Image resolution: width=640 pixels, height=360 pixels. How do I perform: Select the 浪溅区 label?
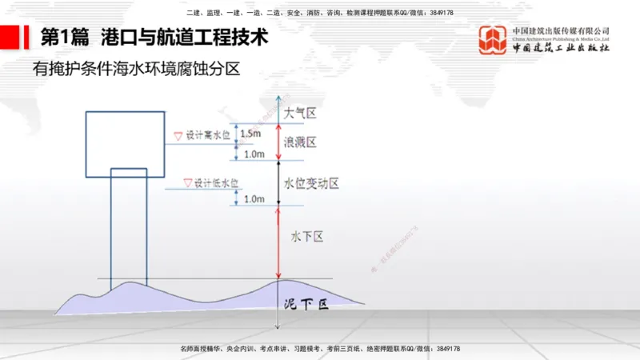(x=301, y=142)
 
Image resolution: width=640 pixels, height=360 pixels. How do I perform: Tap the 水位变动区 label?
(x=312, y=183)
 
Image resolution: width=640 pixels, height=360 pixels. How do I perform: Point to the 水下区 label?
(x=306, y=236)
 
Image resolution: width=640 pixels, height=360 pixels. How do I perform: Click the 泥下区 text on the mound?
(x=307, y=305)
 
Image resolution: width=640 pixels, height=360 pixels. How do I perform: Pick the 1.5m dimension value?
(x=250, y=134)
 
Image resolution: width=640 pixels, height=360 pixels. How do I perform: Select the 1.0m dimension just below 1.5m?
(x=254, y=154)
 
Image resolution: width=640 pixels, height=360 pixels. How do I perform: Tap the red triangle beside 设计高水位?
(x=178, y=136)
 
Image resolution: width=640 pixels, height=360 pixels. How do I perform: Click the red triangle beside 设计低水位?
(x=188, y=182)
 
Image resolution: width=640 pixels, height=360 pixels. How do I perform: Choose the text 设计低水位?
(x=217, y=183)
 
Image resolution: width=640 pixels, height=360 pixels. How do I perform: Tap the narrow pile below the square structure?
(x=128, y=232)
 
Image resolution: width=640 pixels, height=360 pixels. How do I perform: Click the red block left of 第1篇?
(x=10, y=38)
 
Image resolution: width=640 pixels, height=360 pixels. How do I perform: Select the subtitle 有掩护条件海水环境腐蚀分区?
(x=136, y=70)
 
